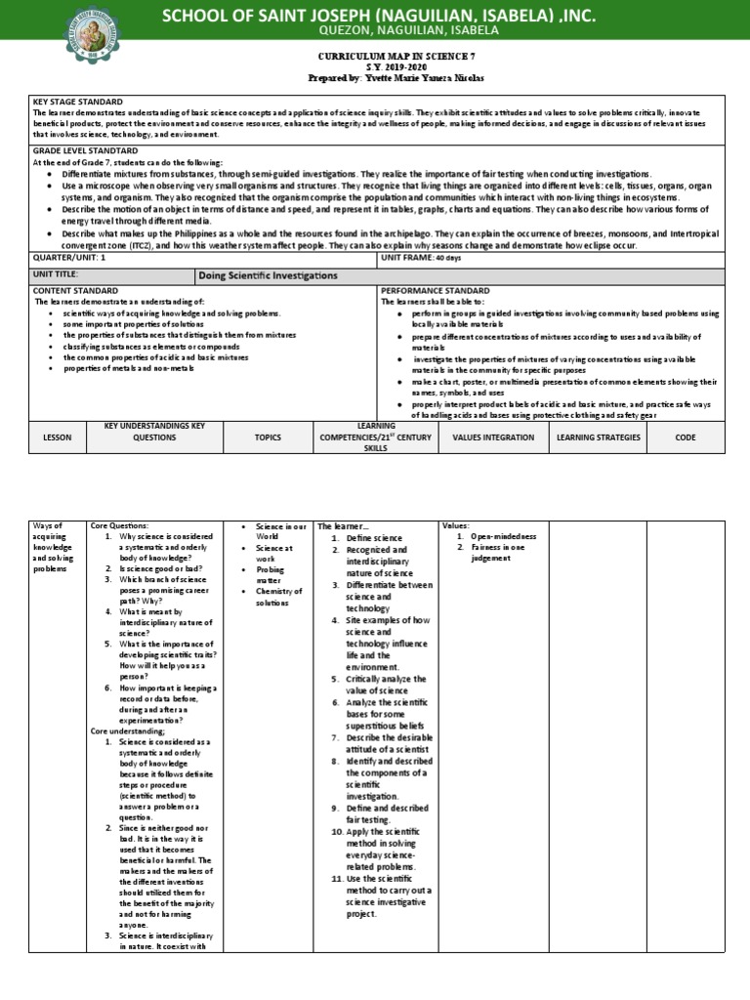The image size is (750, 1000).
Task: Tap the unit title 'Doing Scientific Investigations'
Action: point(269,276)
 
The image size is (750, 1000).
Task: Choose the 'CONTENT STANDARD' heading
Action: point(75,291)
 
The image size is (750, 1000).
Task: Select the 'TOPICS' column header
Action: point(268,437)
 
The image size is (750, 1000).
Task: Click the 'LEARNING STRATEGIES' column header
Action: point(598,437)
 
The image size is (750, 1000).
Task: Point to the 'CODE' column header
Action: point(685,437)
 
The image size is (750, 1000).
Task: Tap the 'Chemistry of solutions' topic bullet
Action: point(278,597)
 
